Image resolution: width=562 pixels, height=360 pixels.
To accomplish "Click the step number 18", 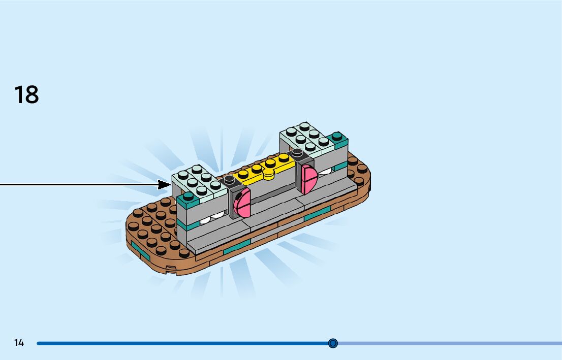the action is [x=26, y=95].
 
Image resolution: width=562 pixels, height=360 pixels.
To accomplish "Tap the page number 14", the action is [x=19, y=343].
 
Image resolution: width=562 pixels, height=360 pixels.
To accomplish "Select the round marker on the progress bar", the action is [x=333, y=343].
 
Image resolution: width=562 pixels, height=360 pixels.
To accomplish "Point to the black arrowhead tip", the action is [x=170, y=184].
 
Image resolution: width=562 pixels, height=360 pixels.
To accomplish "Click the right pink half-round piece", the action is [x=309, y=179].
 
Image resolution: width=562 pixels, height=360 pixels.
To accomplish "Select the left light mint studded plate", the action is [x=199, y=182].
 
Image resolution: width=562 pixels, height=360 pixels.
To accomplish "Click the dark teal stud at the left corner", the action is [x=188, y=195].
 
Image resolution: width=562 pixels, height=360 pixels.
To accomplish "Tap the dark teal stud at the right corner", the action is [x=337, y=138].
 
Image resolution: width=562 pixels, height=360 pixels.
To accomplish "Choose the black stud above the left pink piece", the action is [x=230, y=179].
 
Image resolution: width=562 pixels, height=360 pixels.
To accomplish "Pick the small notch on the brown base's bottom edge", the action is [x=171, y=268].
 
